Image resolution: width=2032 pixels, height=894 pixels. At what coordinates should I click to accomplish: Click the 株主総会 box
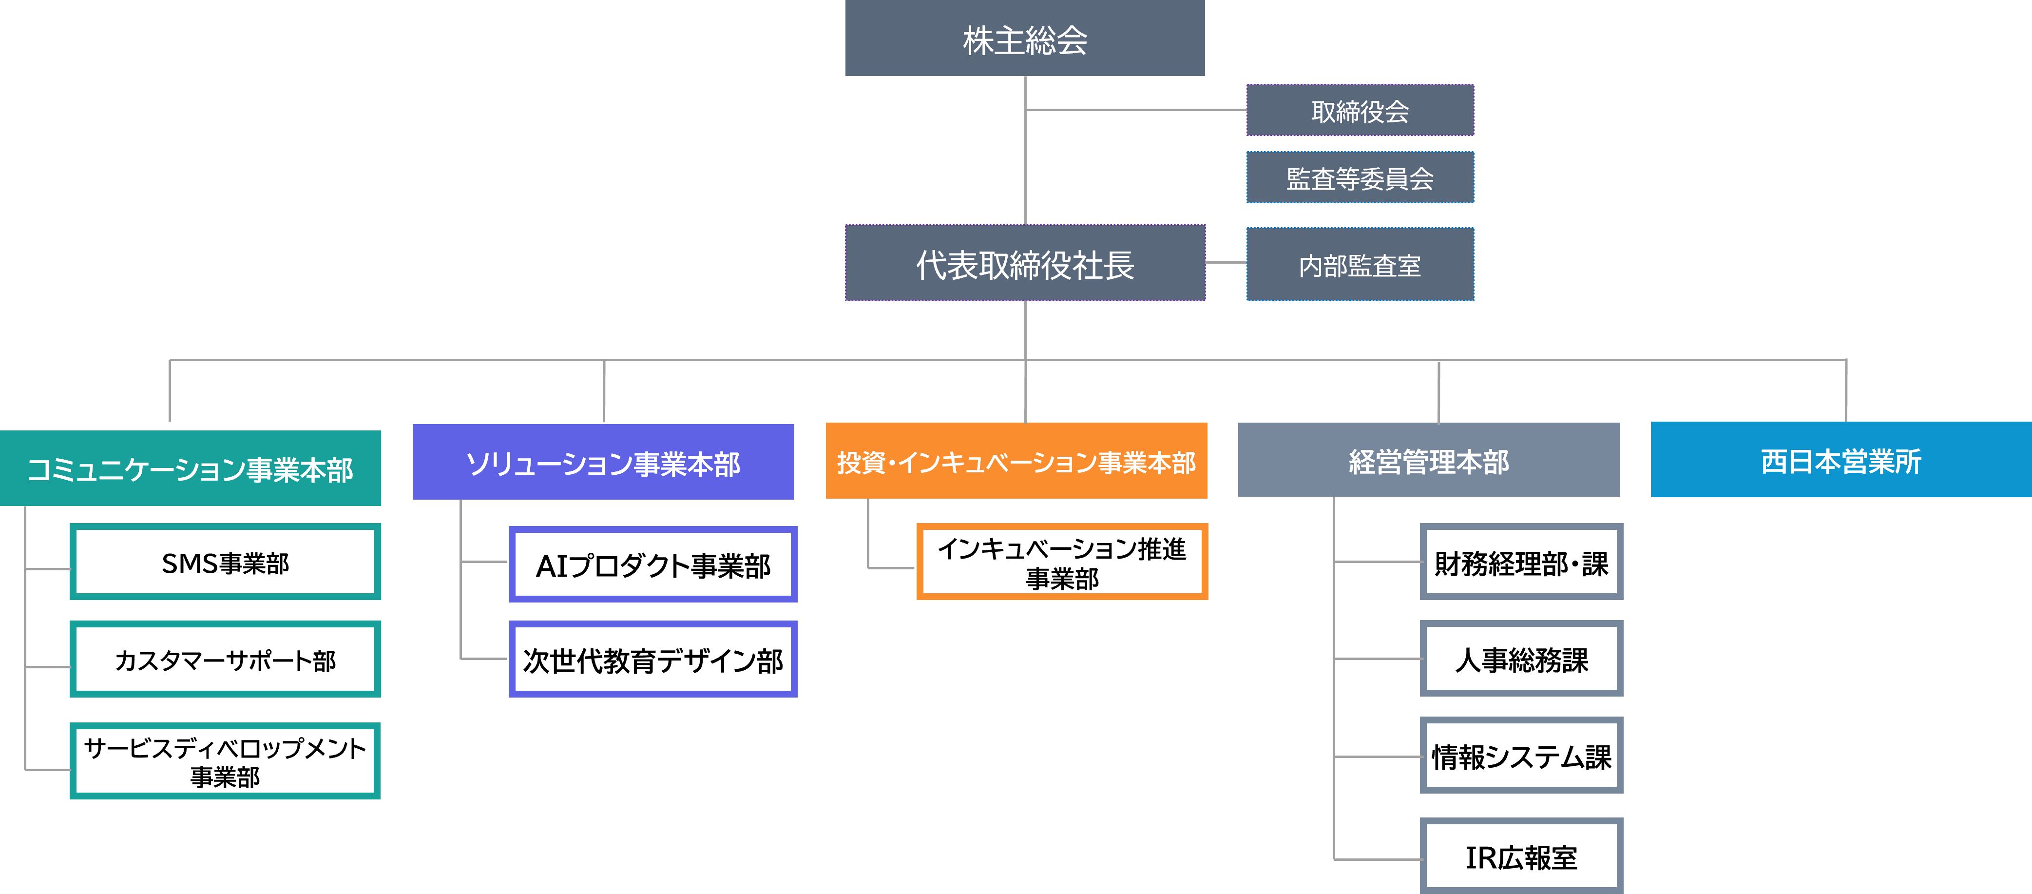coord(1025,38)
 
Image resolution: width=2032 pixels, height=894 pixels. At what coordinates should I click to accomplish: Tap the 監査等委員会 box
coord(1360,177)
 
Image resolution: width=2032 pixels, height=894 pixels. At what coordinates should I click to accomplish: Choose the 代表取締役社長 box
coord(1025,263)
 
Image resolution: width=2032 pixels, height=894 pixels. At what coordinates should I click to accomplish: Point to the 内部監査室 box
coord(1360,264)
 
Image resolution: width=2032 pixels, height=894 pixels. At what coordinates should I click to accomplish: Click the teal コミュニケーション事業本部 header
coord(190,468)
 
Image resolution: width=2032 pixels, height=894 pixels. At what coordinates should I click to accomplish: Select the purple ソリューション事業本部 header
coord(603,462)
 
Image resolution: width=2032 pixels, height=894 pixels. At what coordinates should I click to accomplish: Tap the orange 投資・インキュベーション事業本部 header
coord(1016,461)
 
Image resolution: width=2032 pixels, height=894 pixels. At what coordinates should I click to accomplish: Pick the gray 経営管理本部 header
coord(1429,460)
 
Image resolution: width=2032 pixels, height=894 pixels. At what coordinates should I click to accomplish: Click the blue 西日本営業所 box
coord(1841,459)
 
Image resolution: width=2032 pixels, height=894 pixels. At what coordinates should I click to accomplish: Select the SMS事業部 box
coord(225,562)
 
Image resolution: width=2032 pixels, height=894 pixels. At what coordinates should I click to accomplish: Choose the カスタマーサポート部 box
coord(225,659)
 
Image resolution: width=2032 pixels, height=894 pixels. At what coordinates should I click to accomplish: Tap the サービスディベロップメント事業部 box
coord(225,760)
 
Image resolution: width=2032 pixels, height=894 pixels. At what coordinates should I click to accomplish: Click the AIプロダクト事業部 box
coord(653,564)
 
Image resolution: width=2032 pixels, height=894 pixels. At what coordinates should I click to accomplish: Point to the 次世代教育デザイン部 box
coord(653,659)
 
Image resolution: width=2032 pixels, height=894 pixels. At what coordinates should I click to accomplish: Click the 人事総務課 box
coord(1521,659)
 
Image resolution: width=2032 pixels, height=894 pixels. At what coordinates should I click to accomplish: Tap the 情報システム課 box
coord(1521,755)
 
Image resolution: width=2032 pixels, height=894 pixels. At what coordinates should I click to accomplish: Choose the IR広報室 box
coord(1521,856)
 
